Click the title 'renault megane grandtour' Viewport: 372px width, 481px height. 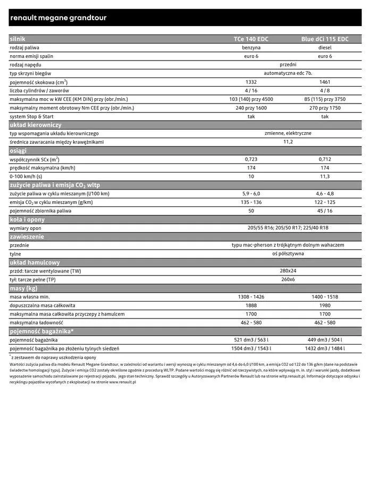pos(58,18)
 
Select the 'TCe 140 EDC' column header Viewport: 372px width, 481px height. pos(251,39)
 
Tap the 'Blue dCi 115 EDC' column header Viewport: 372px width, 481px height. pos(325,39)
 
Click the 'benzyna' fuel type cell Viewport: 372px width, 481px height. pos(251,48)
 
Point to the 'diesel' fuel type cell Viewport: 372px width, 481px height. pos(325,48)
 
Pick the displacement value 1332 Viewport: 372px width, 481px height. pos(251,82)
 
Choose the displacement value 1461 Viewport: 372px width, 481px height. pos(325,82)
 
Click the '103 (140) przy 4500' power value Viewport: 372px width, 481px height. pos(251,99)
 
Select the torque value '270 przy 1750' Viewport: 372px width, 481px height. pos(325,108)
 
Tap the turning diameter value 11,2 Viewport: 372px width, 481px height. pos(288,142)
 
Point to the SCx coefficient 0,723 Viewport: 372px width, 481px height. pos(251,159)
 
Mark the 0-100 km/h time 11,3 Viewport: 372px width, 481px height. pos(325,176)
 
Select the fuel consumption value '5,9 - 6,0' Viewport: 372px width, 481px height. pos(251,194)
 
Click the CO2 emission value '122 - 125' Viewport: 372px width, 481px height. pos(325,202)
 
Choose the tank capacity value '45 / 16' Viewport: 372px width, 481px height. pos(325,211)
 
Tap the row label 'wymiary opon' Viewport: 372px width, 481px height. pos(26,228)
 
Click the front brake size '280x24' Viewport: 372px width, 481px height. pos(288,271)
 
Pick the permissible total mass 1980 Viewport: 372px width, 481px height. pos(325,305)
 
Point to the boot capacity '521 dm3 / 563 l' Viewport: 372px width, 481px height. pos(251,340)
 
